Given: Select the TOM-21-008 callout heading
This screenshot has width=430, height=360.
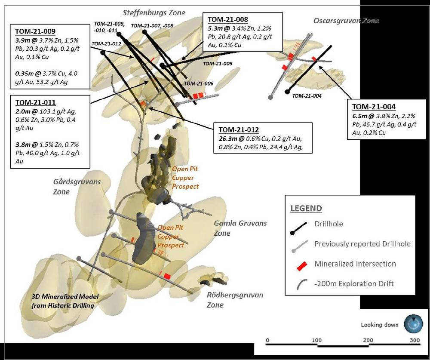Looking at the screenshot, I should point(228,19).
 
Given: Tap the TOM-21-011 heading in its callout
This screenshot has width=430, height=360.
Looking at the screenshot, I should point(34,102).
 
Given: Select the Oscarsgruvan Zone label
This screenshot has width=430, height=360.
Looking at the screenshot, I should point(346,20).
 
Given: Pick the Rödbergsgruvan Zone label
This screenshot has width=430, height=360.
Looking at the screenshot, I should point(235,300).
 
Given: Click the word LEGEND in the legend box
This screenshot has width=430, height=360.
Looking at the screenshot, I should point(306,209).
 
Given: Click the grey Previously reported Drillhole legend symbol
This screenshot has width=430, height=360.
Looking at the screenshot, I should point(299,246).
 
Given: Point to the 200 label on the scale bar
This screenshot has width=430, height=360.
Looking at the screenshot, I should point(368,340).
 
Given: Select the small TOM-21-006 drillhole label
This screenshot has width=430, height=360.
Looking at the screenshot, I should point(198,83).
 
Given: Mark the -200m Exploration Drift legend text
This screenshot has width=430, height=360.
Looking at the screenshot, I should point(354,283).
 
